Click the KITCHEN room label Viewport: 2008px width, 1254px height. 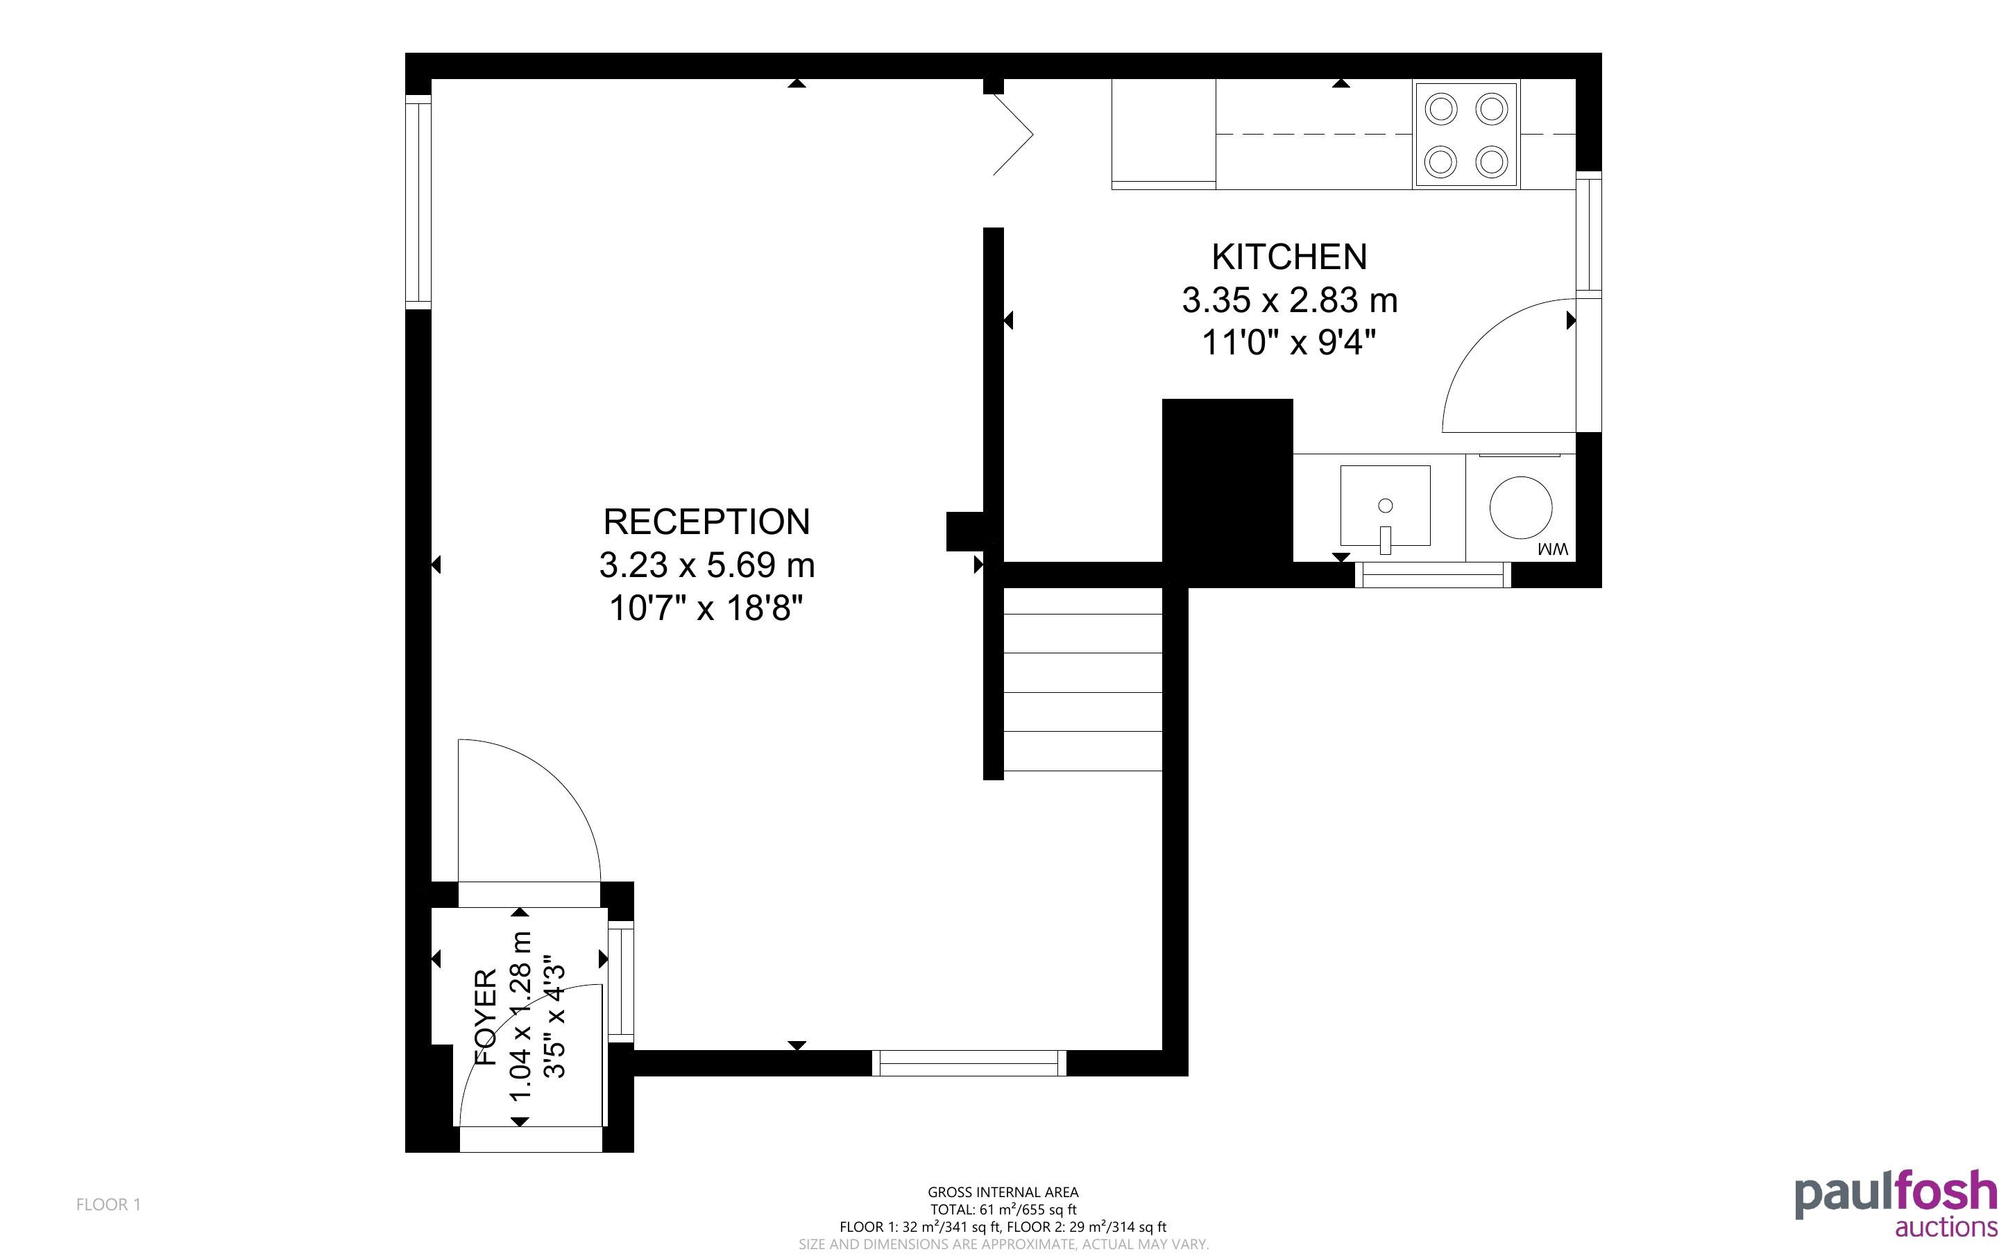pyautogui.click(x=1289, y=257)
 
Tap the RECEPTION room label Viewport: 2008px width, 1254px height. pyautogui.click(x=706, y=522)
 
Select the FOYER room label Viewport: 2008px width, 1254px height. pyautogui.click(x=485, y=1017)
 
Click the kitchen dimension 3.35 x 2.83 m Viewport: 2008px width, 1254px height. pyautogui.click(x=1289, y=300)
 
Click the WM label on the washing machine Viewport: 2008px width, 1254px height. pyautogui.click(x=1553, y=549)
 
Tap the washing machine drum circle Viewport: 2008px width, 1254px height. pyautogui.click(x=1520, y=507)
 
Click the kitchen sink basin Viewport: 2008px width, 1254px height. pyautogui.click(x=1385, y=506)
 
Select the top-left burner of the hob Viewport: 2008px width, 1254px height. pyautogui.click(x=1442, y=109)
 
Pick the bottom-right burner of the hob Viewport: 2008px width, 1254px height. pyautogui.click(x=1492, y=161)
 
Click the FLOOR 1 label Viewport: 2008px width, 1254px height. pyautogui.click(x=109, y=1204)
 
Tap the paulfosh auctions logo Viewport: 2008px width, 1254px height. pyautogui.click(x=1896, y=1204)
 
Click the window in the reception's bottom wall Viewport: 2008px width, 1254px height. pyautogui.click(x=969, y=1063)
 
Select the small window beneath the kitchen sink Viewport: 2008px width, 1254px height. pyautogui.click(x=1433, y=575)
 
